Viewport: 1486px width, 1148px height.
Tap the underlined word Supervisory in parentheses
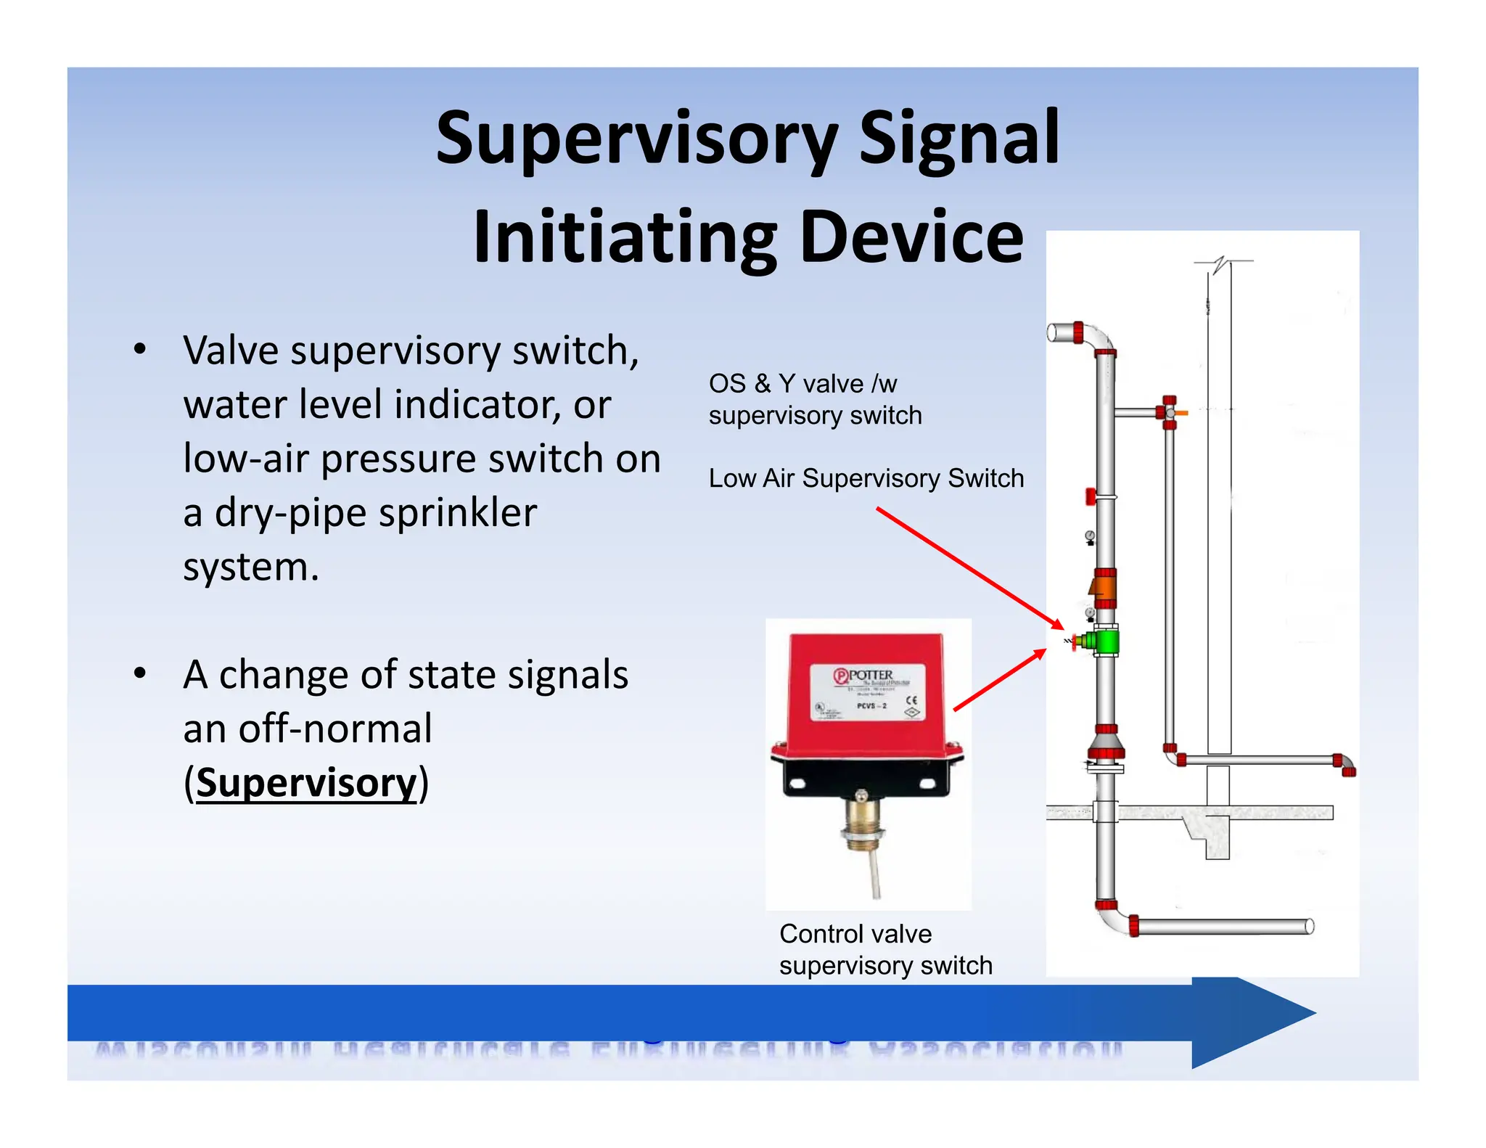point(307,783)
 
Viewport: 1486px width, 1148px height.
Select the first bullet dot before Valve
point(140,349)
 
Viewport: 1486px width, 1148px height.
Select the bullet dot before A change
point(140,673)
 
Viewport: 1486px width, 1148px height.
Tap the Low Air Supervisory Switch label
point(866,478)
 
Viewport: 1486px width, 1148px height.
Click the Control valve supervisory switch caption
point(884,949)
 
